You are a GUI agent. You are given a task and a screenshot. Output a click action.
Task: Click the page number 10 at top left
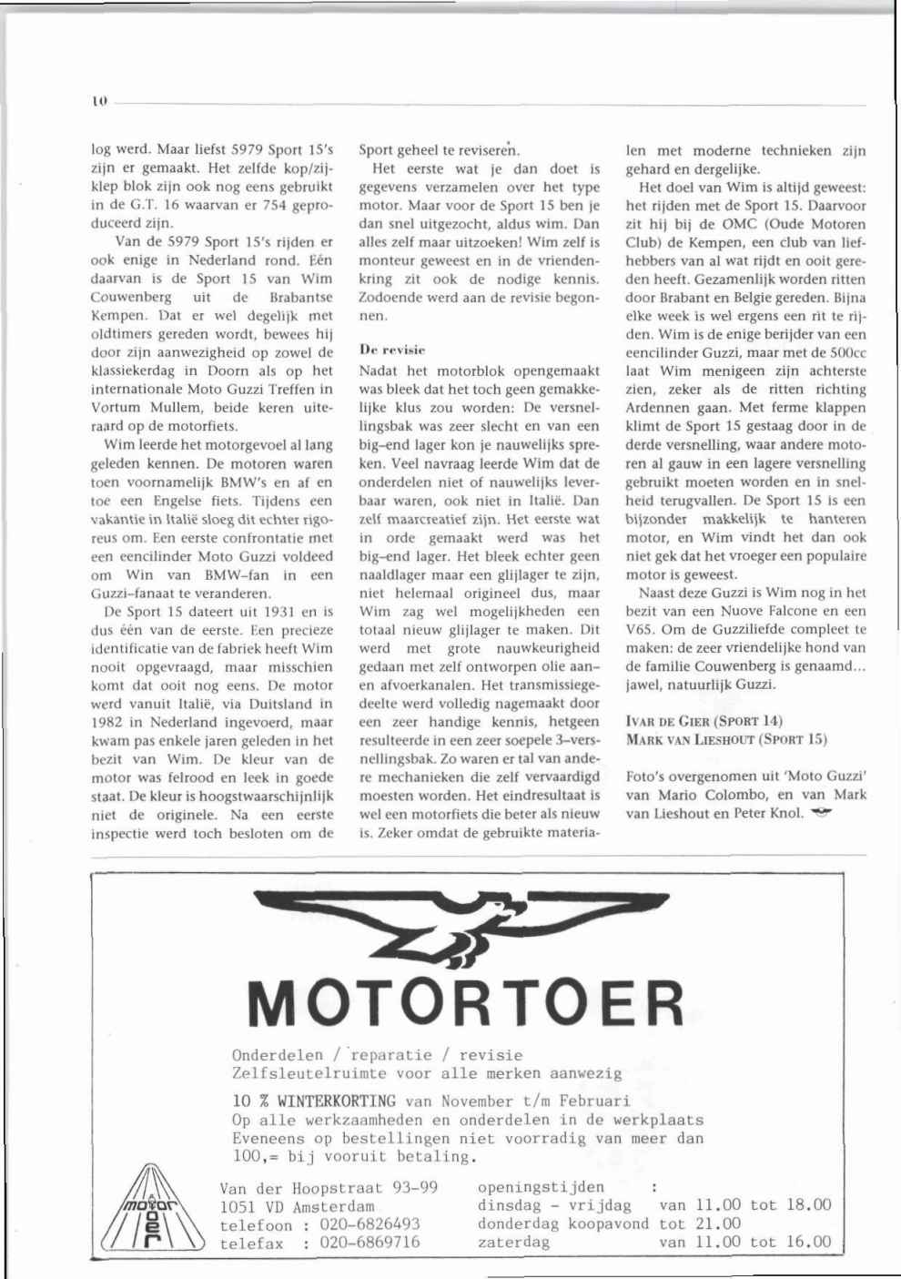point(98,104)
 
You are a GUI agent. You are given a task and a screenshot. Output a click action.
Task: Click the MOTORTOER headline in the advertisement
point(467,1002)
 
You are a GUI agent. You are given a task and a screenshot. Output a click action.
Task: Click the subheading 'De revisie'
point(392,349)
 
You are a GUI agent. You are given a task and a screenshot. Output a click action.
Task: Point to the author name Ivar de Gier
point(672,721)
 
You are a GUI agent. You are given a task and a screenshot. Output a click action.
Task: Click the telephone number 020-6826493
point(370,1224)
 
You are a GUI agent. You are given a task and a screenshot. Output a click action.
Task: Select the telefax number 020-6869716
point(370,1243)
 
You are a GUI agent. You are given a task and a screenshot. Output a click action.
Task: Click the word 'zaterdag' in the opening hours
point(513,1242)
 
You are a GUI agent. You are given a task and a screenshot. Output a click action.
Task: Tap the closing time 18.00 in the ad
point(808,1205)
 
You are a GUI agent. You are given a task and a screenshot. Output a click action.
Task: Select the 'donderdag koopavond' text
point(563,1223)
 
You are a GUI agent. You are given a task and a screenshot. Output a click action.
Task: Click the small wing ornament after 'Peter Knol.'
point(824,813)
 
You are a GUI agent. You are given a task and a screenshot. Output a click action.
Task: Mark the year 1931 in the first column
point(267,611)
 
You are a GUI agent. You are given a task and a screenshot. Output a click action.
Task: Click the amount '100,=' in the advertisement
point(256,1157)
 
